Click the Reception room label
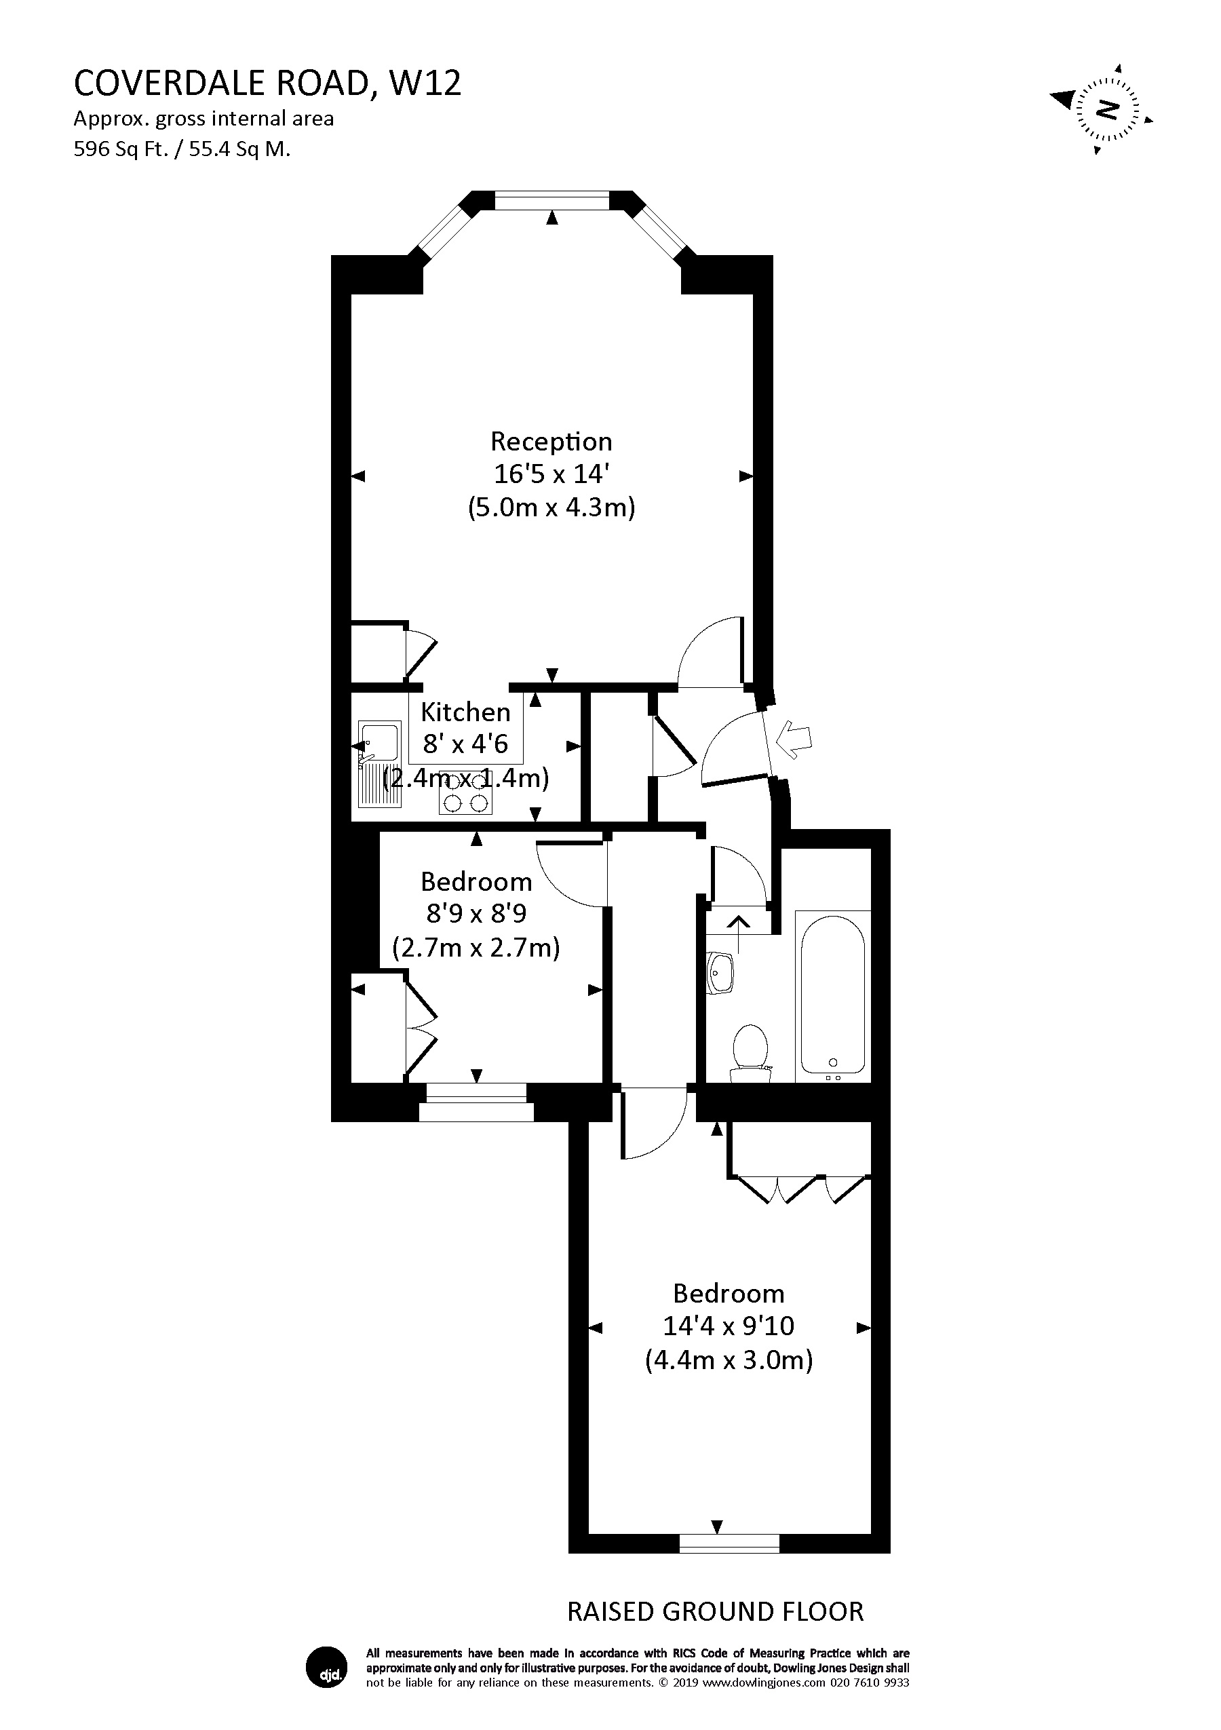(551, 442)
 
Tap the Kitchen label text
(465, 712)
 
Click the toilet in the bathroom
(750, 1047)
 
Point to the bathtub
(832, 994)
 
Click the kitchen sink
(380, 743)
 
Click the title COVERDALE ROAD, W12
(267, 83)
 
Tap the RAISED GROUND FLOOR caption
(715, 1611)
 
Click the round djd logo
(327, 1668)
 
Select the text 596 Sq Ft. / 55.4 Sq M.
(182, 149)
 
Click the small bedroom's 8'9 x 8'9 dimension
(476, 914)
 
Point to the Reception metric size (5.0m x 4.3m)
(551, 507)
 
